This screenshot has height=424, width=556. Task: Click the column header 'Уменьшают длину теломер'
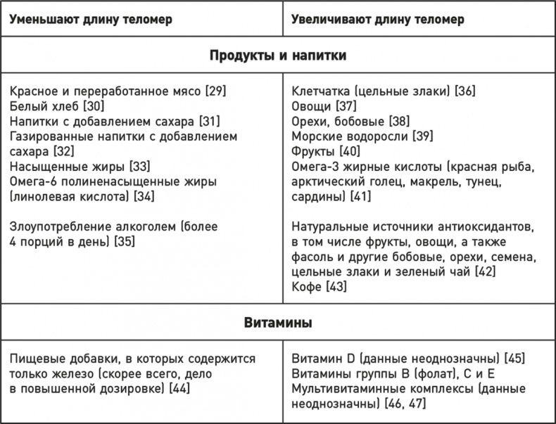pos(91,19)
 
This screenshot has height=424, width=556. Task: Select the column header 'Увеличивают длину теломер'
pos(377,19)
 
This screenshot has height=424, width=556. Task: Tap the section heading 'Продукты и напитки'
pos(277,56)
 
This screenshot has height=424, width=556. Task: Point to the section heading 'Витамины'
pos(277,323)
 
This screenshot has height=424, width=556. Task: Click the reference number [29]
pos(215,91)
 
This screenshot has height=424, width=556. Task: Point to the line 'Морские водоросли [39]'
pos(362,136)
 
